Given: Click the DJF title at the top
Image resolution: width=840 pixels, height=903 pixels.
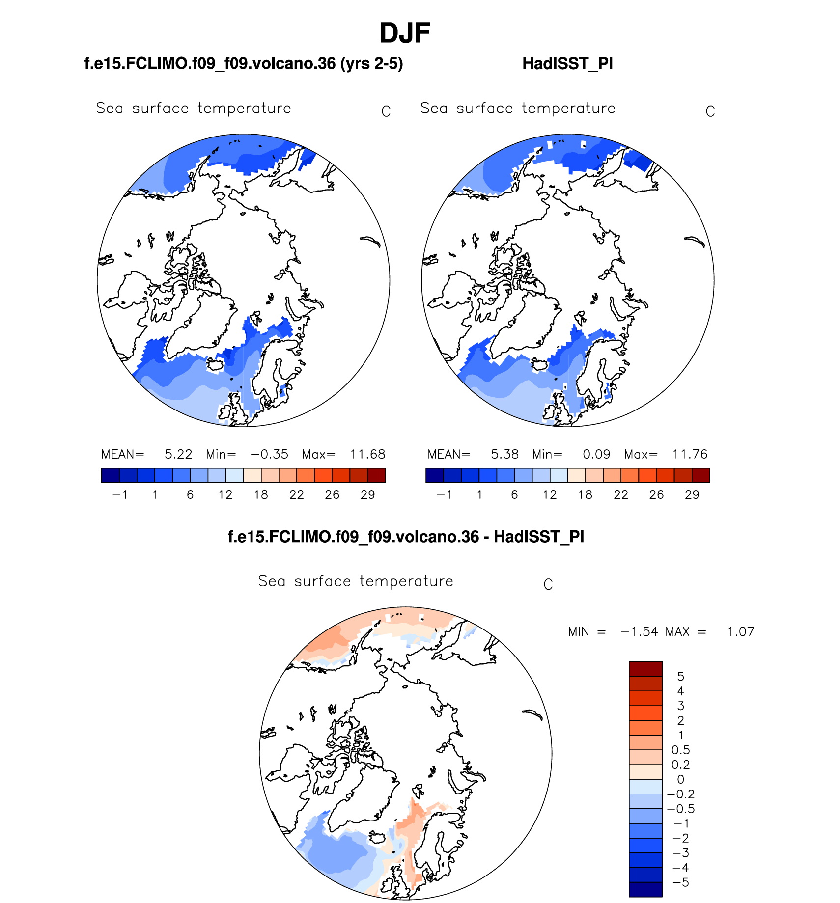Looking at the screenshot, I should point(405,33).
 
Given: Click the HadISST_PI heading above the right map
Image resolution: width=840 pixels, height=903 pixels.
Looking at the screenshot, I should point(567,64).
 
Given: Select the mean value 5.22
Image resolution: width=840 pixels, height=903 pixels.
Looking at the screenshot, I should point(178,454).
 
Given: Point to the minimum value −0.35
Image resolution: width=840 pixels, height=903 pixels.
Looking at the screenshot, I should point(269,454).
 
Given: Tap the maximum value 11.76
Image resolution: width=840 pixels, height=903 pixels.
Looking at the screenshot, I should point(690,454).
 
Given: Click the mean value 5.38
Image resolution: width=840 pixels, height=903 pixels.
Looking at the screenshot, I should point(504,454).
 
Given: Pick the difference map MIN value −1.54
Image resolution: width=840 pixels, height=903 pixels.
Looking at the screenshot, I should point(639,632).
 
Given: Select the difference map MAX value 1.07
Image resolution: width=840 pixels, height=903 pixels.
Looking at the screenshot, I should point(740,632).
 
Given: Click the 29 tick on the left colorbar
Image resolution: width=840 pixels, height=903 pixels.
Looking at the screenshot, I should point(367,495).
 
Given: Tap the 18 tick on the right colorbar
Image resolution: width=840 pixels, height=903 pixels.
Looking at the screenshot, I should point(585,495).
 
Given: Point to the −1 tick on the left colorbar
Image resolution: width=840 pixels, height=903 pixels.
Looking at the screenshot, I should point(120,495).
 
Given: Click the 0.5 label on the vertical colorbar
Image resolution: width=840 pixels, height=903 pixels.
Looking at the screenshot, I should point(680,750).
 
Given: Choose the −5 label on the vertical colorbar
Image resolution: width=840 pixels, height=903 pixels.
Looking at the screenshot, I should point(680,883).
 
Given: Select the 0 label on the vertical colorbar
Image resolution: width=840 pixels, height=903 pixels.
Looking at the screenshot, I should point(680,780).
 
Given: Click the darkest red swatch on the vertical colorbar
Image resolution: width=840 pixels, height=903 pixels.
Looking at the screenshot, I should point(645,669).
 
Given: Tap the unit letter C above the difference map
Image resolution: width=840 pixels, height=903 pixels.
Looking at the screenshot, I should point(548,585).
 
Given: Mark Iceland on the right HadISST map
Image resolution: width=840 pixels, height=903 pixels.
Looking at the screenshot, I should point(539,365).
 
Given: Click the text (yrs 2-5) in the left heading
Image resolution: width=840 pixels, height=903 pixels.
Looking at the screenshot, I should point(372,64).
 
